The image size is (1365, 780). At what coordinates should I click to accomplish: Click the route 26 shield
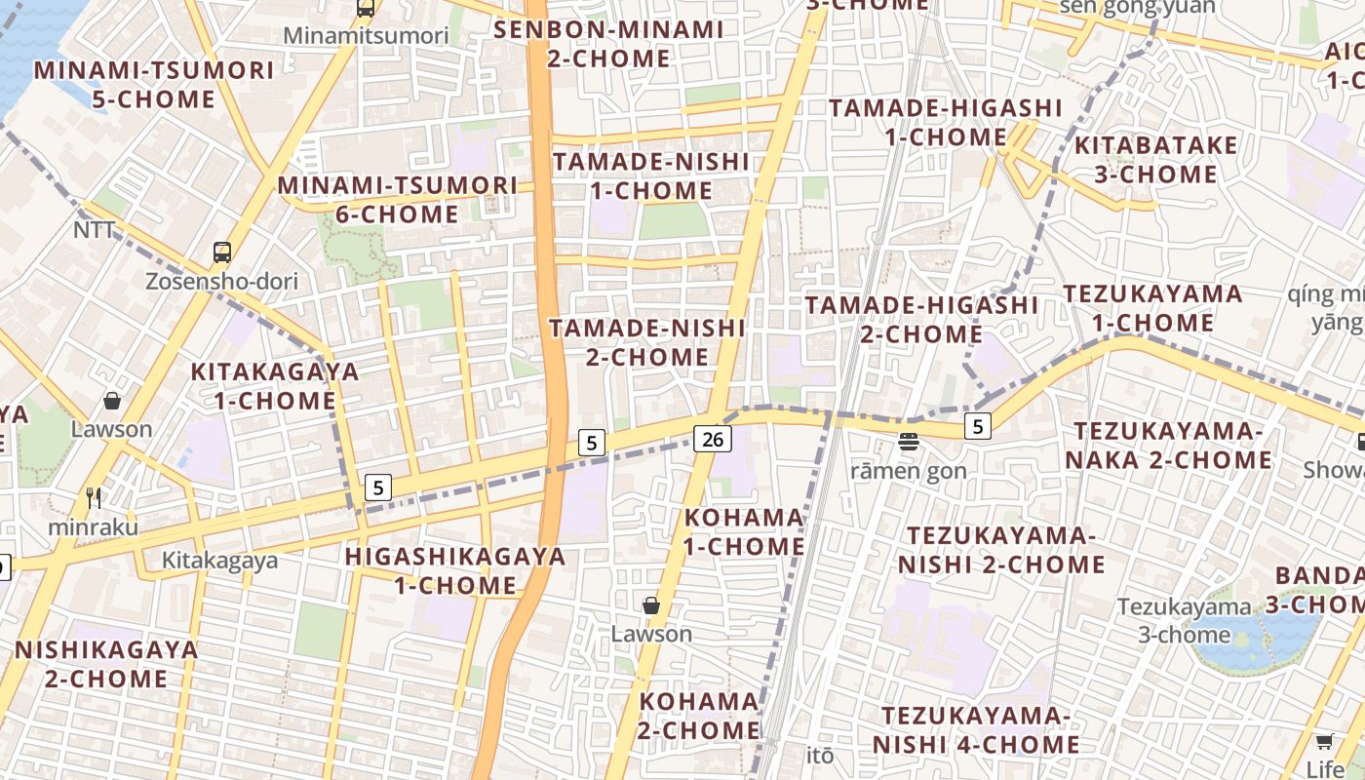click(713, 439)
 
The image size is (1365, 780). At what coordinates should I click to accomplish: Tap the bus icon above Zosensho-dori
click(222, 253)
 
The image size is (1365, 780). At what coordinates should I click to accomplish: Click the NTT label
click(95, 230)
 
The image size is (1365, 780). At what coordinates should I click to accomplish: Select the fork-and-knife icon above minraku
click(94, 498)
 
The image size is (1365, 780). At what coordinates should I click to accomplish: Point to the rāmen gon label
click(909, 471)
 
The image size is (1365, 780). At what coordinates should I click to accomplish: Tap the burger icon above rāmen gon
click(909, 443)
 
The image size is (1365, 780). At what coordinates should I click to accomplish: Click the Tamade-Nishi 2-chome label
click(647, 342)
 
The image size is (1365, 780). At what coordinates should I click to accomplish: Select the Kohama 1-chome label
click(744, 531)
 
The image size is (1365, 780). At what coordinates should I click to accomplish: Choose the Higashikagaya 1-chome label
click(455, 570)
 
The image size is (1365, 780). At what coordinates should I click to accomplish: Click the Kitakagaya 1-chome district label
click(275, 386)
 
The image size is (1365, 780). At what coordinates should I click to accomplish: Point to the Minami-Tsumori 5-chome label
click(154, 85)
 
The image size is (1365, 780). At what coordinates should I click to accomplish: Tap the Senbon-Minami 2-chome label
click(608, 44)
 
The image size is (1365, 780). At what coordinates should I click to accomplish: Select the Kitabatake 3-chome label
click(1155, 160)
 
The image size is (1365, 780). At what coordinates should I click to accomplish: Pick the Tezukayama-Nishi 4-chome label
click(976, 730)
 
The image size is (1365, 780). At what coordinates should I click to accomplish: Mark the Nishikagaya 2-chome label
click(106, 664)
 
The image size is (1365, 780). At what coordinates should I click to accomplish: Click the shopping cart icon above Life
click(1324, 741)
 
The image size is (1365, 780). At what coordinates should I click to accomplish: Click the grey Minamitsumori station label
click(366, 36)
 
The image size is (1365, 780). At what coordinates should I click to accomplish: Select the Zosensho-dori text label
click(221, 282)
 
